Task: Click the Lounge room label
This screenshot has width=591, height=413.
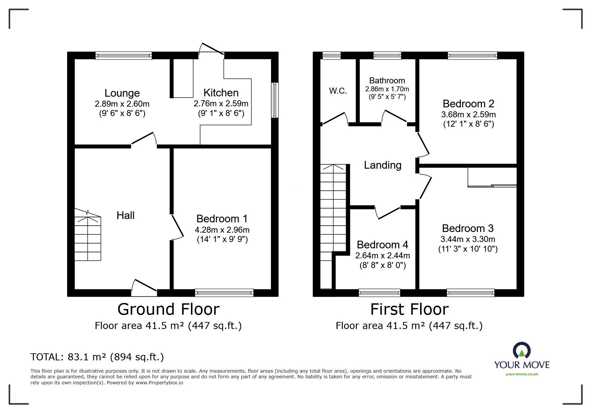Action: click(x=122, y=93)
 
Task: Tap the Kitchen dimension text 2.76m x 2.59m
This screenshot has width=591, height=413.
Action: click(x=221, y=104)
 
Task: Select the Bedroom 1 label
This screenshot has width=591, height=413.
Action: click(x=222, y=219)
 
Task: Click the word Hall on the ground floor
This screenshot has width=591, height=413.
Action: click(x=125, y=215)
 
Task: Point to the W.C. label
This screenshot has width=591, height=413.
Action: click(x=338, y=91)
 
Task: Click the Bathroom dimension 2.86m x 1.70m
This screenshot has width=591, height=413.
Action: click(x=387, y=89)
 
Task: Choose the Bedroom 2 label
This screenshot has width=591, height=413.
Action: click(x=468, y=104)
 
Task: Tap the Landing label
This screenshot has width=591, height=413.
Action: click(x=382, y=165)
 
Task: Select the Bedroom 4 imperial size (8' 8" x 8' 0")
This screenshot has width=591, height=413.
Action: click(x=382, y=265)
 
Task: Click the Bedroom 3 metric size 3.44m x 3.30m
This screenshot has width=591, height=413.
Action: click(x=468, y=239)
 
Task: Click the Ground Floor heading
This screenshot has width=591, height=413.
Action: click(x=169, y=309)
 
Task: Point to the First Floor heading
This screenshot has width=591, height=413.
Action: click(x=409, y=309)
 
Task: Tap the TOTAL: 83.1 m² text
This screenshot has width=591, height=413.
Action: click(x=97, y=357)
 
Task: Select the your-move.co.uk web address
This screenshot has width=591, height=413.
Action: click(x=522, y=374)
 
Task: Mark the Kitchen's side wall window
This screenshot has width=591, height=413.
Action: click(x=275, y=100)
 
